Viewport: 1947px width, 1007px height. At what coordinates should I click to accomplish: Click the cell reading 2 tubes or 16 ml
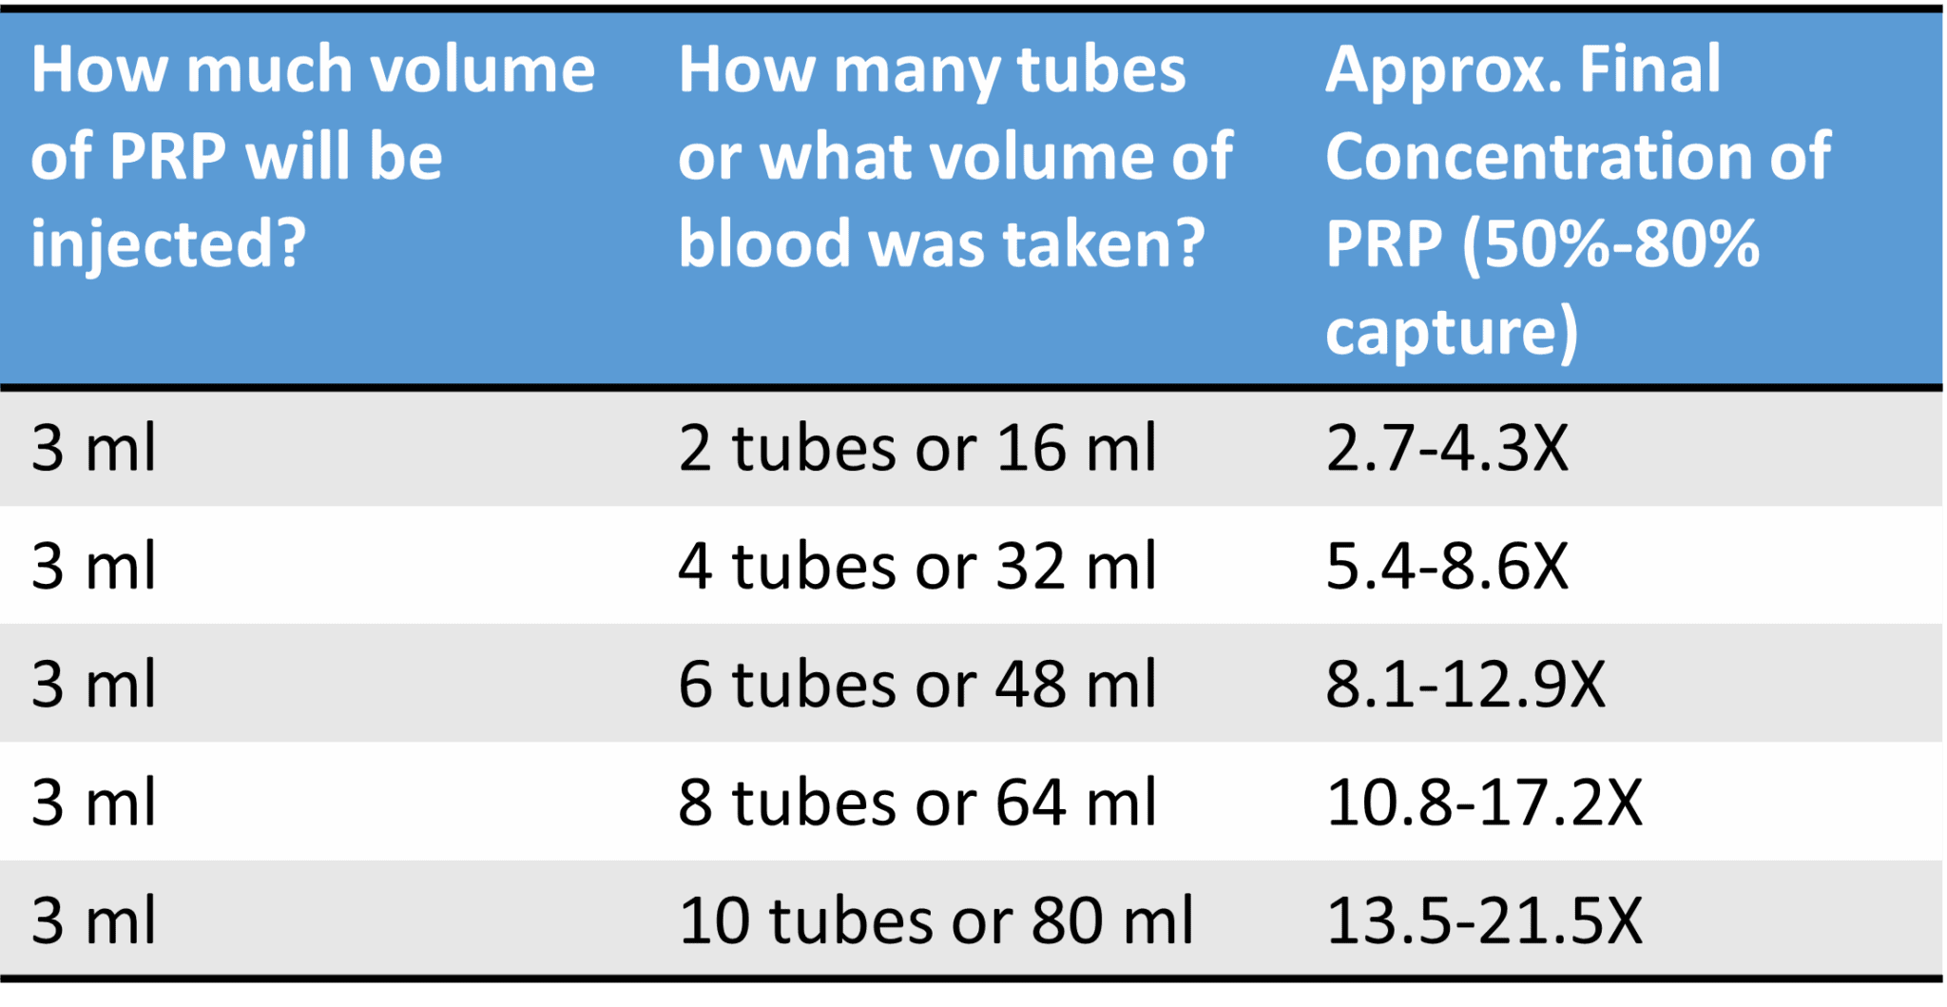pos(916,448)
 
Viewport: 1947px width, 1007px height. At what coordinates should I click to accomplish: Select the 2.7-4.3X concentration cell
pos(1446,448)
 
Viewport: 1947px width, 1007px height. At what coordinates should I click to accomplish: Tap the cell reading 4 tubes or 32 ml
pos(916,567)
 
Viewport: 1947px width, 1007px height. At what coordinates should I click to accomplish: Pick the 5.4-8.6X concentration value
pos(1446,567)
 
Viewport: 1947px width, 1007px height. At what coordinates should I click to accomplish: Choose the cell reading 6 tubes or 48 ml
pos(916,685)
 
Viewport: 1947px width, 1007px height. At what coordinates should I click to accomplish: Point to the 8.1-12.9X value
pos(1465,685)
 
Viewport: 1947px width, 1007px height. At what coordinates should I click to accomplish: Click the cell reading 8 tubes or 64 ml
pos(916,803)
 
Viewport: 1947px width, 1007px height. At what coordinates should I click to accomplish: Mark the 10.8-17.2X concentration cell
pos(1483,803)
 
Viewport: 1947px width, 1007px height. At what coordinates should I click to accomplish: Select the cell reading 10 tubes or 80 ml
pos(935,920)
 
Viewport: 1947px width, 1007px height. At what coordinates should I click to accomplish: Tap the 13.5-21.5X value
pos(1483,920)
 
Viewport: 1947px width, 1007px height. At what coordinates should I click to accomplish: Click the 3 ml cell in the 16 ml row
pos(93,448)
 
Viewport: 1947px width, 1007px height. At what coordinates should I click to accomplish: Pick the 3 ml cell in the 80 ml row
pos(93,920)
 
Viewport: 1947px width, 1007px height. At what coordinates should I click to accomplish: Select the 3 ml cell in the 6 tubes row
pos(93,685)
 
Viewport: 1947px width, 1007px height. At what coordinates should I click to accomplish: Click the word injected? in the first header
pos(168,245)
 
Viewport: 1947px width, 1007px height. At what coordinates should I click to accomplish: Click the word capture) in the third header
pos(1452,333)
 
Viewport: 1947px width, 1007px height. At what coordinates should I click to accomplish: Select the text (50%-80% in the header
pos(1610,245)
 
